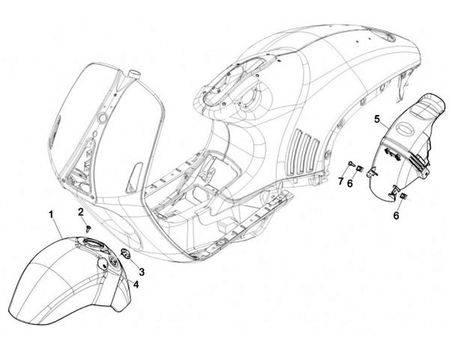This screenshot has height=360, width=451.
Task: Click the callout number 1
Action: click(x=51, y=214)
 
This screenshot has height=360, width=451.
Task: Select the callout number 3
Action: click(x=142, y=272)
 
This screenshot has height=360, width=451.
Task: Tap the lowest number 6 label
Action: click(x=395, y=215)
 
